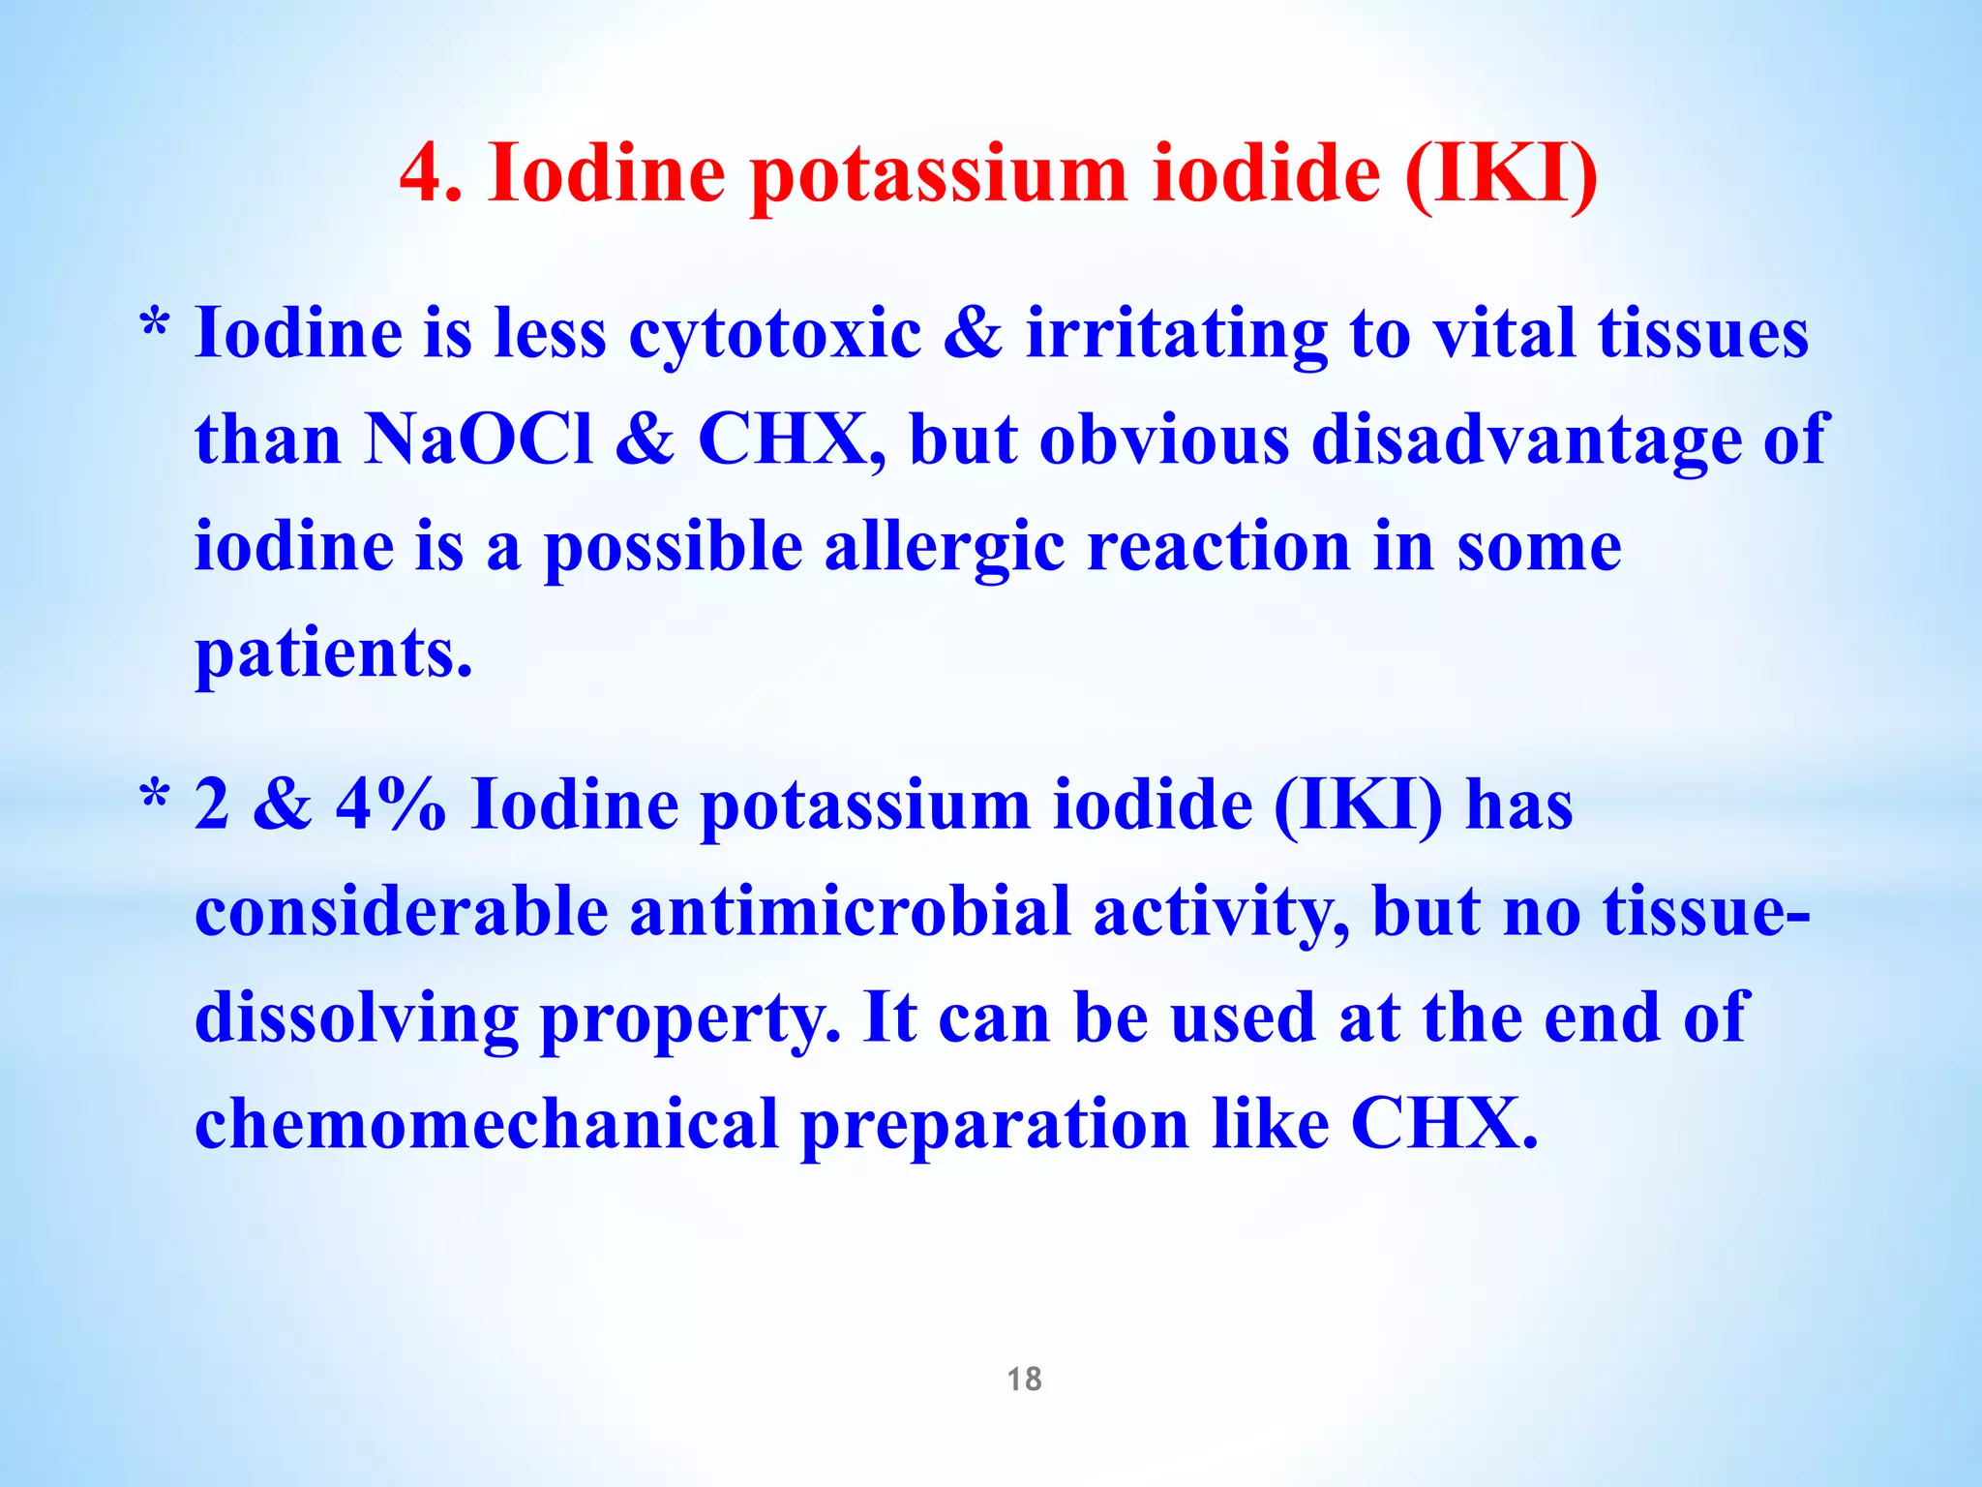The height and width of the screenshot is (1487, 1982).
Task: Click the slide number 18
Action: pyautogui.click(x=1024, y=1379)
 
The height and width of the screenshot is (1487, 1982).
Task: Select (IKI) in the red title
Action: pyautogui.click(x=1499, y=174)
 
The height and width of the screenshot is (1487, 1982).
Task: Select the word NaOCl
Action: pyautogui.click(x=479, y=440)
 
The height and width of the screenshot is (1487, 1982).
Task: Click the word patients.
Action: pyautogui.click(x=334, y=654)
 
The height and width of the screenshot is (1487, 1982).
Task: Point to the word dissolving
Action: pyautogui.click(x=356, y=1020)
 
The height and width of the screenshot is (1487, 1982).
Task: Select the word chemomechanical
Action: pyautogui.click(x=487, y=1125)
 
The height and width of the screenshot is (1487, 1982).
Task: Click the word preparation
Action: pyautogui.click(x=994, y=1127)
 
